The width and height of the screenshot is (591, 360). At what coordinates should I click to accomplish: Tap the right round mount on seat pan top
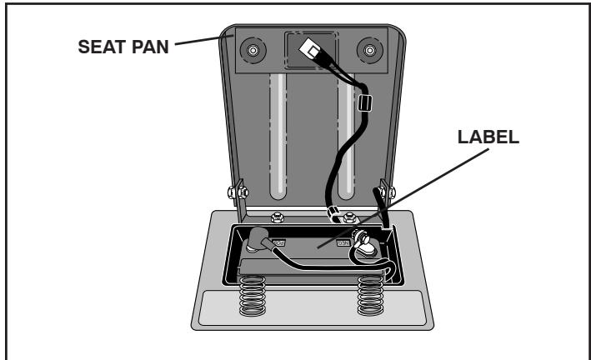pos(367,50)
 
